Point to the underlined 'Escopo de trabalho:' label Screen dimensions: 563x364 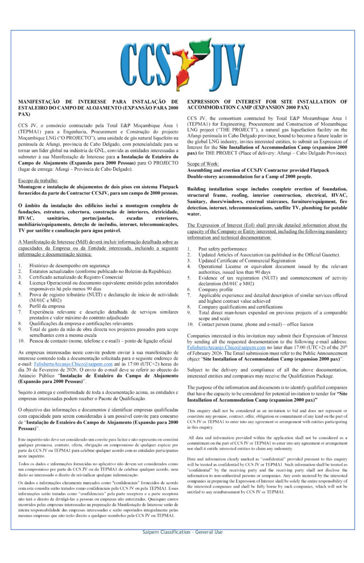tap(39, 180)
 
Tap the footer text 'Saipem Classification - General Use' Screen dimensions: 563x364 tap(182, 532)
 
